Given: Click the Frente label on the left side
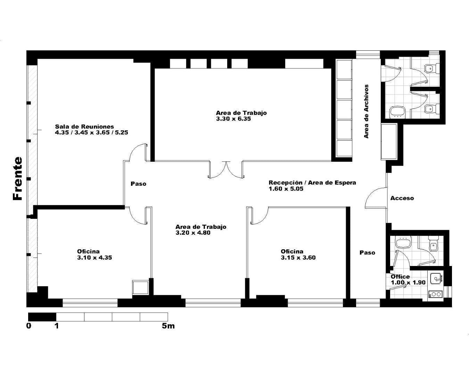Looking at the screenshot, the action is click(x=18, y=178).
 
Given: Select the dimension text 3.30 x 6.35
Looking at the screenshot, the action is click(x=233, y=119).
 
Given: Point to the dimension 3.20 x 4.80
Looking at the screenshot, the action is click(x=193, y=233).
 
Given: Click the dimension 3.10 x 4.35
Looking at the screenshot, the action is click(x=94, y=258).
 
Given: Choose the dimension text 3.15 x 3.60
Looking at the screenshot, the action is click(x=298, y=258).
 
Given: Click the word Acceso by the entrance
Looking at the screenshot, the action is click(x=402, y=198).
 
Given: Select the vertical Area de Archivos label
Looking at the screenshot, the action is click(x=367, y=111).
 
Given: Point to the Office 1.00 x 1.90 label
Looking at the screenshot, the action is click(x=408, y=280).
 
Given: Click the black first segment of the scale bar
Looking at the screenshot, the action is click(x=42, y=317).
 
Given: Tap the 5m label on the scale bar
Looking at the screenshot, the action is click(x=168, y=326).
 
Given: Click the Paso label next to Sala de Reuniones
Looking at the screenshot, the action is click(x=138, y=184).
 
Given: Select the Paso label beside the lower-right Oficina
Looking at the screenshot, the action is click(x=368, y=252).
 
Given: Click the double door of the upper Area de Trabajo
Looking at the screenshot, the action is click(x=227, y=170).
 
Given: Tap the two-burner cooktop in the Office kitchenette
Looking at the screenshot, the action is click(x=436, y=294).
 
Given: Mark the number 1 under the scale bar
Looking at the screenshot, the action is click(x=57, y=326).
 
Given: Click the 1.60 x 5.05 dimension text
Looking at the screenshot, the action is click(x=286, y=189).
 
